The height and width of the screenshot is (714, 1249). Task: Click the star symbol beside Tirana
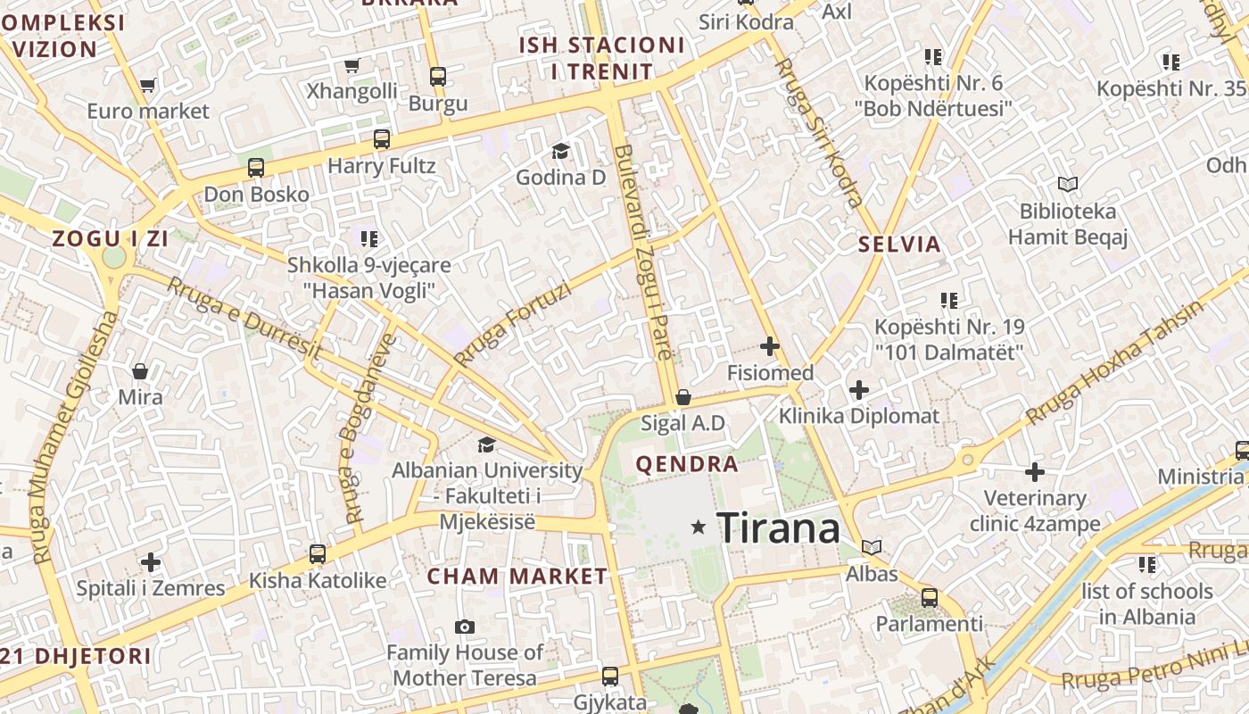(699, 527)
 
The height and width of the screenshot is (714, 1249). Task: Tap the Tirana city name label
(779, 527)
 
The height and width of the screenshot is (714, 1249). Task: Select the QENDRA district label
(686, 464)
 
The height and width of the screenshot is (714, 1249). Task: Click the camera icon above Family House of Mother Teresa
(464, 627)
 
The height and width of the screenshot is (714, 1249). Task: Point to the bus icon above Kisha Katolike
(317, 553)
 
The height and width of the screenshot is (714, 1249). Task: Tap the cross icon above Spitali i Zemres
(150, 562)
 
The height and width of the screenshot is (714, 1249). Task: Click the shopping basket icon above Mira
(140, 370)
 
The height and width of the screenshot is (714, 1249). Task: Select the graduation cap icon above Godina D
(560, 151)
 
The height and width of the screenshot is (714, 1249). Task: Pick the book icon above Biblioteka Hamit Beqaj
(1067, 185)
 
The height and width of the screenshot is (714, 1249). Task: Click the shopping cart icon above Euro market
(148, 86)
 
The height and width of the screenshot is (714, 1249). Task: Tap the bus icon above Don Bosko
(256, 167)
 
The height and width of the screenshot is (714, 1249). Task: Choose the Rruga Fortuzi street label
(510, 324)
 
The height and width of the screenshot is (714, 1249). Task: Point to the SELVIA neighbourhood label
(899, 244)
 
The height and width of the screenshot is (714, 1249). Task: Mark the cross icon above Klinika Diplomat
(858, 390)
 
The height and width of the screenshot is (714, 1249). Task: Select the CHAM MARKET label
(517, 577)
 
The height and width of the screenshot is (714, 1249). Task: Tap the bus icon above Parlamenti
(929, 598)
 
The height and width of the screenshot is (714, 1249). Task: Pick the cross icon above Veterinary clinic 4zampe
(1035, 471)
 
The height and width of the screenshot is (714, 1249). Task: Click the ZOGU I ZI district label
(111, 238)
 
